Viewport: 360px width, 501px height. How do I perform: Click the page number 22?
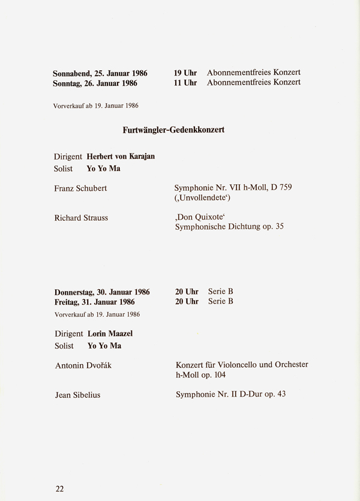tap(59, 488)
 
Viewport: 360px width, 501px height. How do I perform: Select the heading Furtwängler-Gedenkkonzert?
tap(173, 130)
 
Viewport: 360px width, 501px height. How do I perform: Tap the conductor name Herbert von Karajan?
tap(121, 157)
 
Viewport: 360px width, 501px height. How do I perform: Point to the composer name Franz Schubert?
tap(80, 188)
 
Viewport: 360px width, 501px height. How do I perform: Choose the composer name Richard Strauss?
tap(81, 218)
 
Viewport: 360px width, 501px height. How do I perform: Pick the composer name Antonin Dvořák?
tap(83, 365)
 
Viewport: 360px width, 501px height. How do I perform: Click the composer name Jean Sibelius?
tap(79, 395)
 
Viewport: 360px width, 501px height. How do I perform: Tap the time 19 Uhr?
tap(185, 73)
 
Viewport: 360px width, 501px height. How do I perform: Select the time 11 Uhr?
tap(185, 83)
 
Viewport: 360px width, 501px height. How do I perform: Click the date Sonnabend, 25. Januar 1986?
tap(100, 73)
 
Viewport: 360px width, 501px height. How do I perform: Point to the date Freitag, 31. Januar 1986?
tap(94, 302)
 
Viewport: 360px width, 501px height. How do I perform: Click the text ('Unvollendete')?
tap(202, 197)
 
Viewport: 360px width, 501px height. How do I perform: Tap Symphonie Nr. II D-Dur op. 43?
tap(231, 395)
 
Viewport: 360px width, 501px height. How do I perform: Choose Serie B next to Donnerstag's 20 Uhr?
tap(221, 292)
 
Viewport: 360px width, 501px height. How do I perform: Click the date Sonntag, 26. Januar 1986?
tap(95, 83)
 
